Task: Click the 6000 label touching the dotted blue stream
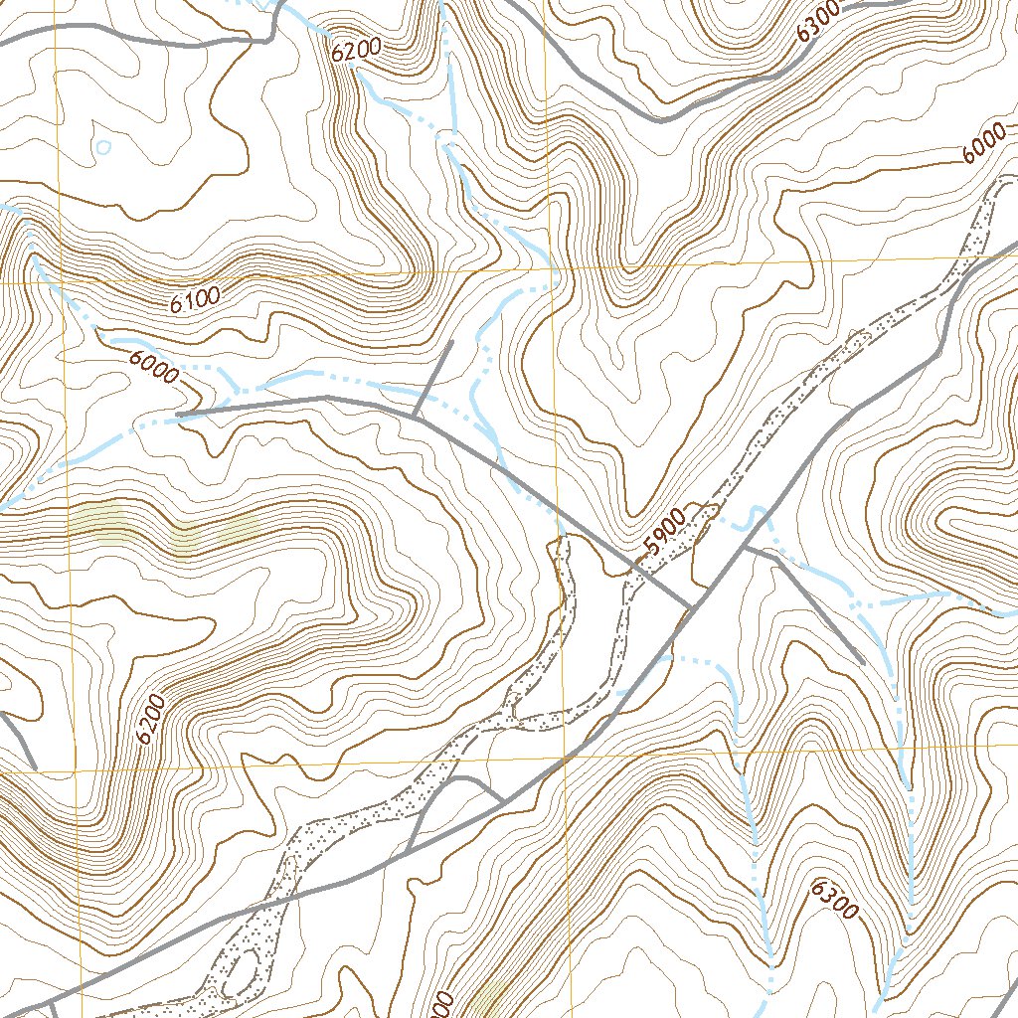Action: click(153, 367)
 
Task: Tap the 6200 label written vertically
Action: click(148, 719)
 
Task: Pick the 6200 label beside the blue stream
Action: click(357, 51)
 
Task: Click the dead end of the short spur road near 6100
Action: click(452, 341)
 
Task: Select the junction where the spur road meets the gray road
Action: click(415, 417)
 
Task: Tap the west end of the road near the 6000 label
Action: click(177, 413)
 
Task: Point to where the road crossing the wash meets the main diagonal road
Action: click(692, 606)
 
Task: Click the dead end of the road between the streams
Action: click(861, 662)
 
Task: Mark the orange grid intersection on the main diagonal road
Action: click(564, 759)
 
